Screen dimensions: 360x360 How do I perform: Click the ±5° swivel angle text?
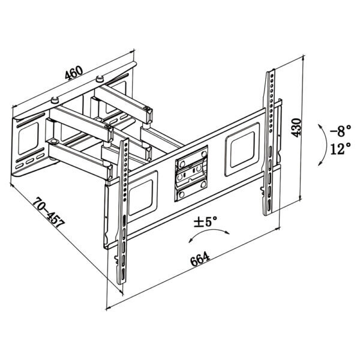click(205, 221)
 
